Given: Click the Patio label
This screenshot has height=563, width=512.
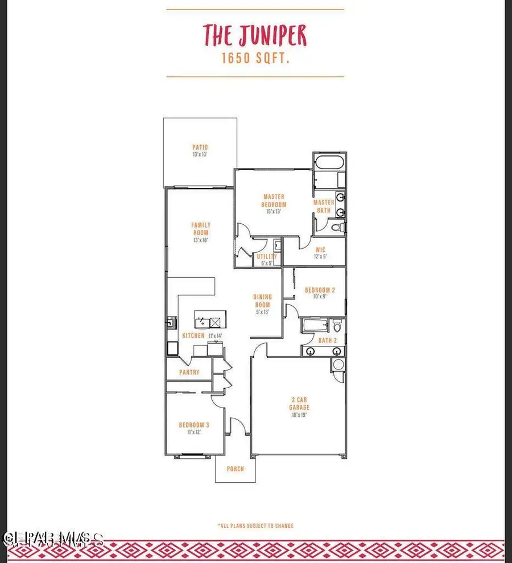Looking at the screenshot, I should [x=200, y=150].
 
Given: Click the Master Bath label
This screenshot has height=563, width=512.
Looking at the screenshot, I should [x=324, y=206].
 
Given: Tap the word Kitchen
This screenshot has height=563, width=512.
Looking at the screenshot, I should [x=193, y=336].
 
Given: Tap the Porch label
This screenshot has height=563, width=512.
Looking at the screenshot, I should [x=235, y=469].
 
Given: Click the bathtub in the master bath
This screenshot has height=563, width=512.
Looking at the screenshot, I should [x=329, y=162].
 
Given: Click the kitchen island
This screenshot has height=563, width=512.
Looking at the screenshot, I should [x=210, y=316].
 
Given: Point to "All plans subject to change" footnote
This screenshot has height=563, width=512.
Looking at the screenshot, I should [x=255, y=525].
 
